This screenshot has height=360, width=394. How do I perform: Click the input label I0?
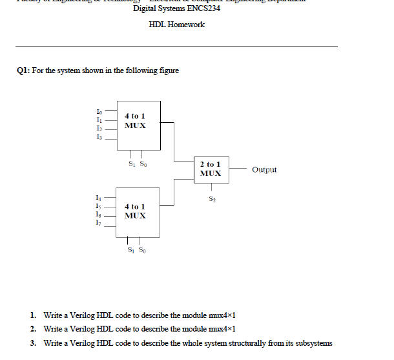pos(98,112)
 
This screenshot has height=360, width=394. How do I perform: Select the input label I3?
pos(98,136)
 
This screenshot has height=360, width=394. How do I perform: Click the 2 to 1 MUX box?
pos(211,169)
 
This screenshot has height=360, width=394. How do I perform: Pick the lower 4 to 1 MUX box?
pos(138,211)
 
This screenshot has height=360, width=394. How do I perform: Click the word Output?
pos(264,170)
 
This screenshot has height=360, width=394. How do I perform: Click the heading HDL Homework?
pos(176,25)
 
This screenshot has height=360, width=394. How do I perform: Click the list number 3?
pos(33,343)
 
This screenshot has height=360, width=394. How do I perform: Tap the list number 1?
pos(33,315)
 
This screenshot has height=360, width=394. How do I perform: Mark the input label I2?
pos(98,128)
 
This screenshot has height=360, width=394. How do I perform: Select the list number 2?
pos(33,330)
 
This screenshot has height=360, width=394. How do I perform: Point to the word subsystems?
pos(313,343)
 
